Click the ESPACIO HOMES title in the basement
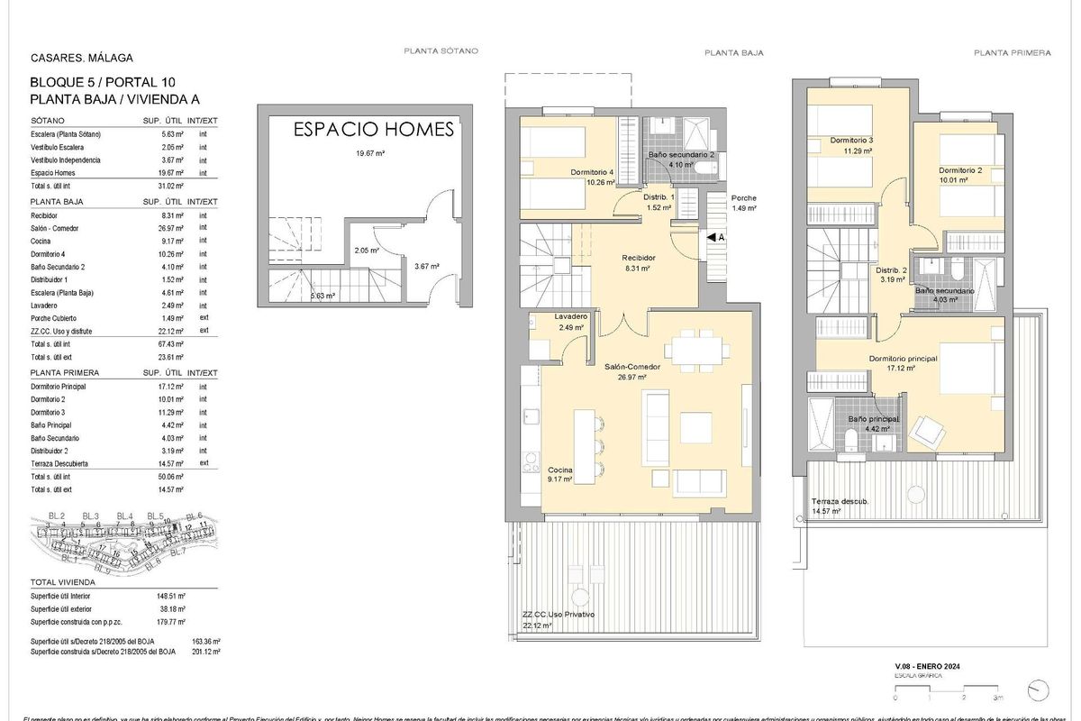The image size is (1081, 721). [x=374, y=130]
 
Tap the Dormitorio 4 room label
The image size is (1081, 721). [x=592, y=172]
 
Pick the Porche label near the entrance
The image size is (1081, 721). [x=744, y=198]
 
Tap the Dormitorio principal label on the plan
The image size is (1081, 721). [x=903, y=359]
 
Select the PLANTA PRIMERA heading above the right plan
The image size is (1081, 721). [x=1012, y=53]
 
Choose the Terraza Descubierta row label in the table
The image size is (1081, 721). [x=66, y=463]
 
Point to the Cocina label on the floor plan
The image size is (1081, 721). [x=559, y=470]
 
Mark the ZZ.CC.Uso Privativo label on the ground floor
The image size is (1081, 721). [x=558, y=615]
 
